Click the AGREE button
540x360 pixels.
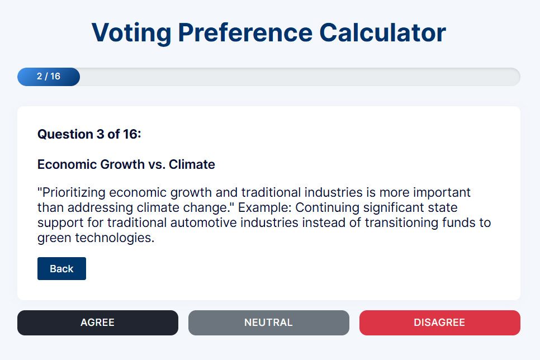98,323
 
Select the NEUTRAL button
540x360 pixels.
269,323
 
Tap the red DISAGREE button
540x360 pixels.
440,323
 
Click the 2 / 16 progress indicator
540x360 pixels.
49,77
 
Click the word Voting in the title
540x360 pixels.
131,34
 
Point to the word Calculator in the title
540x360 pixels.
382,33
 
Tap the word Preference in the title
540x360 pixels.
245,33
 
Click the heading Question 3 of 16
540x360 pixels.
89,134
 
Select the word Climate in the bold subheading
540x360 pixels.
192,164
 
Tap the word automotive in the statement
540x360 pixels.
203,222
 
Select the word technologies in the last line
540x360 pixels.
115,238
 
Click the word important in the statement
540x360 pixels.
442,192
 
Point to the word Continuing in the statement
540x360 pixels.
327,207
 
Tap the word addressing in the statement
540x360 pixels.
100,207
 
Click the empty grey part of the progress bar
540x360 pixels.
300,77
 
